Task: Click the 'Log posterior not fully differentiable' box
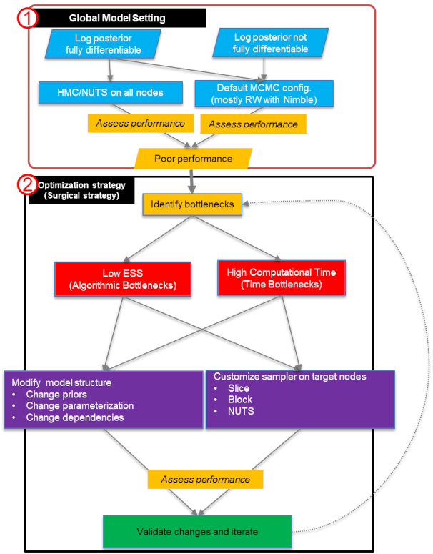click(x=271, y=44)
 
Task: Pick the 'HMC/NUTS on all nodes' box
click(x=109, y=92)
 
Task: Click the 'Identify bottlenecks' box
click(x=192, y=204)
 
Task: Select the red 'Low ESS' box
click(x=122, y=278)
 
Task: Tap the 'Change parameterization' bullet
click(x=79, y=406)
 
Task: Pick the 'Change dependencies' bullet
click(x=74, y=417)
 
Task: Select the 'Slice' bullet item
click(x=239, y=388)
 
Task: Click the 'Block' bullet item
click(x=240, y=400)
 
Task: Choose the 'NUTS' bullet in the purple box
click(x=241, y=411)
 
